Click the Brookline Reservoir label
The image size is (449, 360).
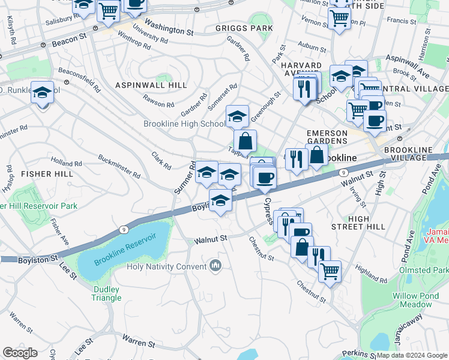click(x=121, y=253)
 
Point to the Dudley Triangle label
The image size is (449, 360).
click(x=107, y=293)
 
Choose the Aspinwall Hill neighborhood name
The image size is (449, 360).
click(x=151, y=85)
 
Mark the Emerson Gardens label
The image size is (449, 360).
click(x=327, y=137)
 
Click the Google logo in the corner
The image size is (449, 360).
click(x=19, y=353)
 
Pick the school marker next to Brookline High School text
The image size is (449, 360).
click(x=237, y=115)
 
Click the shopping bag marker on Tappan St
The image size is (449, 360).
click(x=246, y=141)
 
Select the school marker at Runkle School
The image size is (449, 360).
click(x=42, y=92)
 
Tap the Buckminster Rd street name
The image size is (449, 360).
click(x=119, y=167)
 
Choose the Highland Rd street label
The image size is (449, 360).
click(x=370, y=275)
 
